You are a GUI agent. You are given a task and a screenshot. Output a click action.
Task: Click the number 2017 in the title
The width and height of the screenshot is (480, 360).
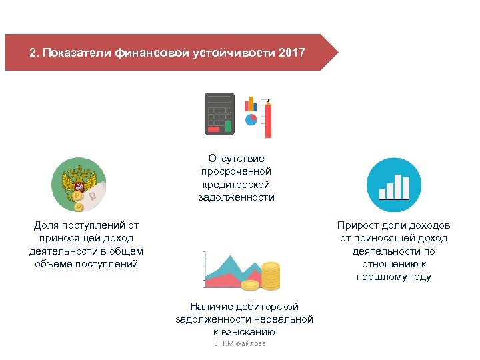click(291, 52)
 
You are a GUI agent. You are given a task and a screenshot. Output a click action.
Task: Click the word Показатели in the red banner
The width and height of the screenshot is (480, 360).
click(75, 52)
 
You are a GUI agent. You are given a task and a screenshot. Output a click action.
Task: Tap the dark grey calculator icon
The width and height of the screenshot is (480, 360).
click(219, 114)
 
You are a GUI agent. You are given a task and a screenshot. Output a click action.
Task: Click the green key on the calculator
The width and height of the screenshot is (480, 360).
click(228, 126)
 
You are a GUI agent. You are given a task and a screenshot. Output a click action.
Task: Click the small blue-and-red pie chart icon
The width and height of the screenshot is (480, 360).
click(251, 119)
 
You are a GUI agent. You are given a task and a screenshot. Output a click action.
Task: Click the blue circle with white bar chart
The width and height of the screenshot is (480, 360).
click(394, 185)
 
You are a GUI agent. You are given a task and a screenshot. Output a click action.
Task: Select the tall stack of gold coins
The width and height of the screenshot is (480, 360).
click(271, 275)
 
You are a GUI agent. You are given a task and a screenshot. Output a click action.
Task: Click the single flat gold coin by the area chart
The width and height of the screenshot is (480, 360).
click(250, 285)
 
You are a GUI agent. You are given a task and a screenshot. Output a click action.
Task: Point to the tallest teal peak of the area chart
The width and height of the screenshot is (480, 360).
click(230, 258)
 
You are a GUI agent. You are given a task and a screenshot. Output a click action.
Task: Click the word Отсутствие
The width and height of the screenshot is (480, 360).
click(236, 159)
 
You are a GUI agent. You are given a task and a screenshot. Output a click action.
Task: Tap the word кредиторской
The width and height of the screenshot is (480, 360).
click(236, 185)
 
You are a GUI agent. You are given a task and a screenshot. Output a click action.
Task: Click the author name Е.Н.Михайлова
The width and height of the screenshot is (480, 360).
click(239, 343)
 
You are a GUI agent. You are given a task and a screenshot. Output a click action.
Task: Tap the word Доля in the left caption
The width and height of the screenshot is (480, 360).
click(47, 225)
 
